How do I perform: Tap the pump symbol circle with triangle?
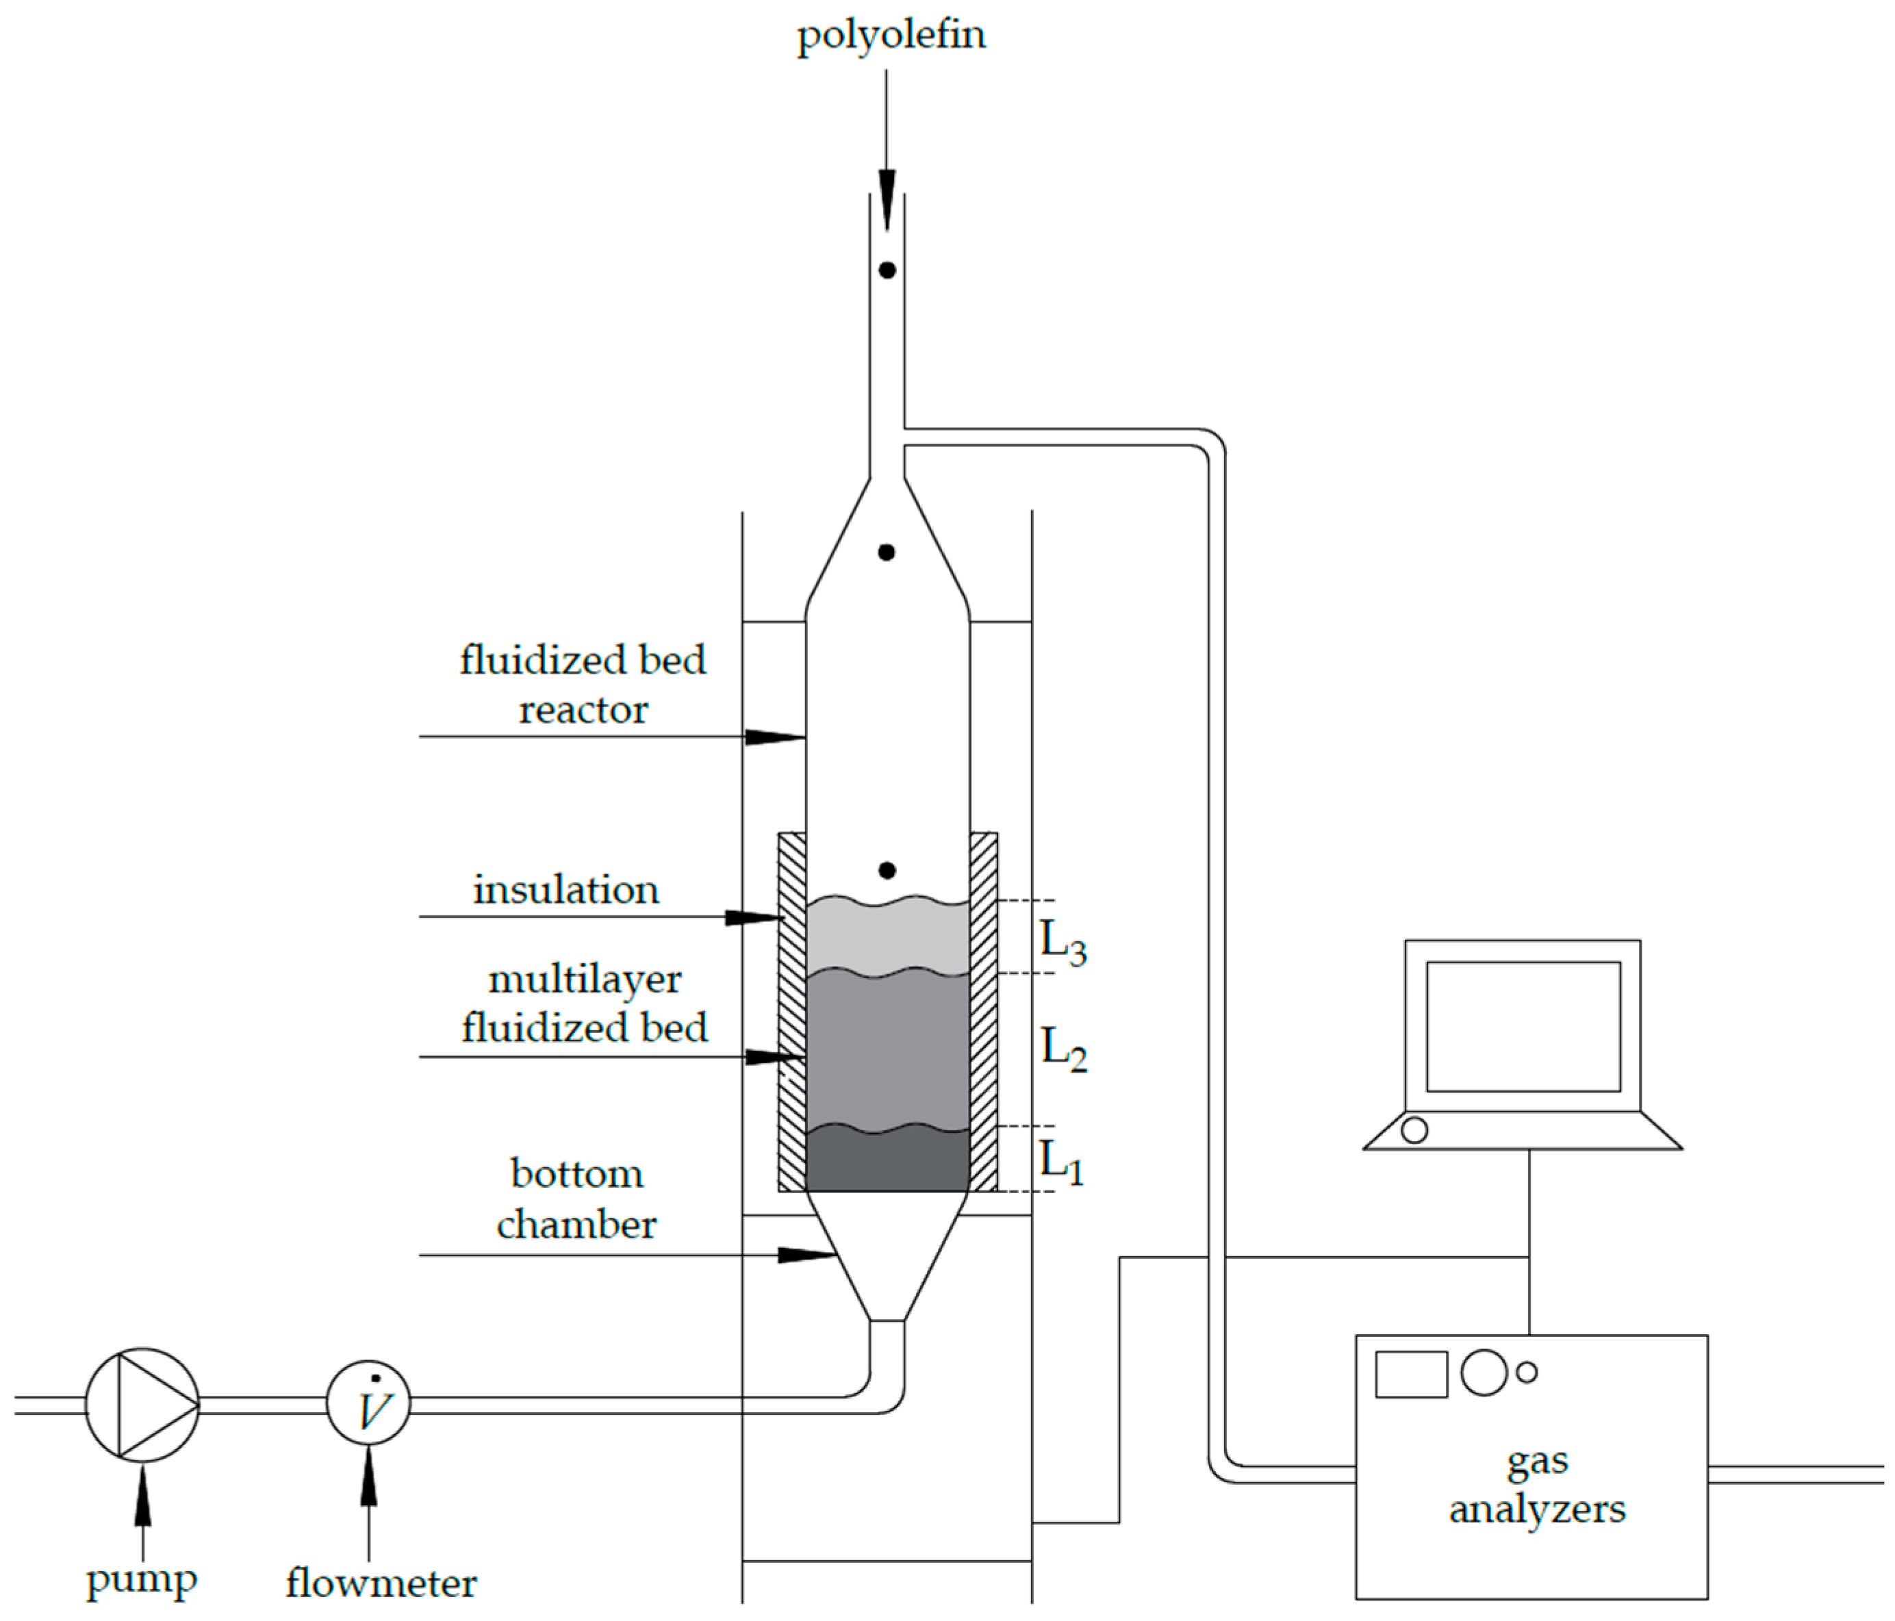(x=142, y=1404)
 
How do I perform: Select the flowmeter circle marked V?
(x=368, y=1404)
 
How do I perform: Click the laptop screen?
(x=1523, y=1026)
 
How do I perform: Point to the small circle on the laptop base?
(x=1414, y=1130)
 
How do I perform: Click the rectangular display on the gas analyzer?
(x=1411, y=1374)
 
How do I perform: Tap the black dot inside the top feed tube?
(x=886, y=270)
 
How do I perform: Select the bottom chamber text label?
(x=576, y=1199)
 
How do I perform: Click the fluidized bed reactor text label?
(x=583, y=685)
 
